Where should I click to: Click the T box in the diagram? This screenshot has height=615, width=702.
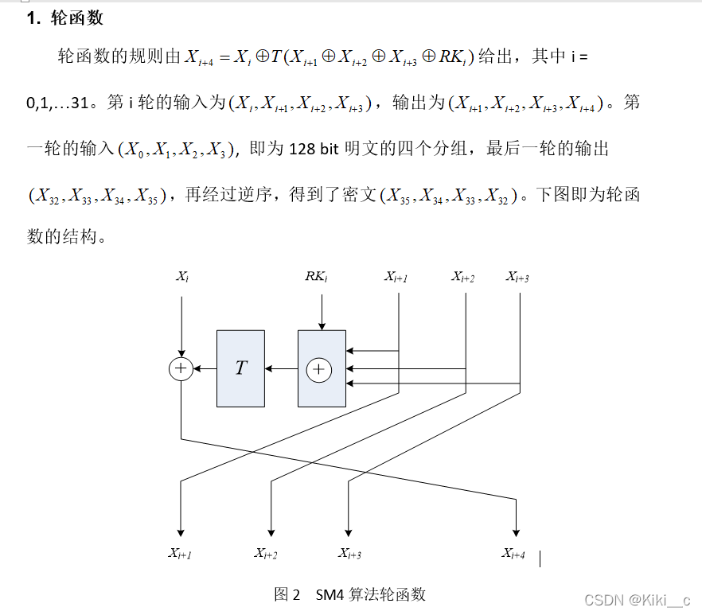coord(240,368)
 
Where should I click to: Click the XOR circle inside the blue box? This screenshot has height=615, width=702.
coord(319,369)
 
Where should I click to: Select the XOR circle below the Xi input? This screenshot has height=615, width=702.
coord(181,368)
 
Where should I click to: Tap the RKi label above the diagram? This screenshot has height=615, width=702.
coord(316,276)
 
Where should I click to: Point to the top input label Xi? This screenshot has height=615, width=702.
coord(182,276)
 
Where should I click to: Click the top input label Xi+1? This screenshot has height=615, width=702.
coord(396,276)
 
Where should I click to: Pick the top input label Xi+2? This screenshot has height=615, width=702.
coord(463,276)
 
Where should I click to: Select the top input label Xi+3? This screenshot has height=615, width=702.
coord(517,276)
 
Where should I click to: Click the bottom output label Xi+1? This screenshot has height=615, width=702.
coord(179,554)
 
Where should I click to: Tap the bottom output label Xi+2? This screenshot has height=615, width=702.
coord(266,554)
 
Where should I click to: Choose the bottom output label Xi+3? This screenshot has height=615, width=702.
coord(349,554)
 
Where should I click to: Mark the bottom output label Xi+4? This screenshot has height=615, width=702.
coord(513,554)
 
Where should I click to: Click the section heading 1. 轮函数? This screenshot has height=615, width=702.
coord(64,18)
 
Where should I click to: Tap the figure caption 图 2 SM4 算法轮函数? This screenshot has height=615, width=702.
coord(350,594)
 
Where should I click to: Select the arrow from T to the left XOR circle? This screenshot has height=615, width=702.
coord(205,368)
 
